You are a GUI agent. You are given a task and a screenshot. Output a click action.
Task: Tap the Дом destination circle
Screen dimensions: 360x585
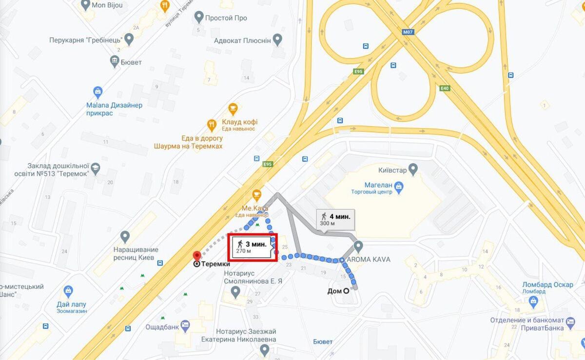coord(346,291)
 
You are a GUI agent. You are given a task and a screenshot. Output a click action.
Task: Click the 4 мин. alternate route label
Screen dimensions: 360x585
coord(334,219)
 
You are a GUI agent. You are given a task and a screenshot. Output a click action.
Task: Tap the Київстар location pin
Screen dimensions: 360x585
coord(413,170)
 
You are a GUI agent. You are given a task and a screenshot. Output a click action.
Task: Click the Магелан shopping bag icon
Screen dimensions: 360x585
coord(399,186)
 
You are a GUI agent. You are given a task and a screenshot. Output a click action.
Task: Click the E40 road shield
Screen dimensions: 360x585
coord(444,88)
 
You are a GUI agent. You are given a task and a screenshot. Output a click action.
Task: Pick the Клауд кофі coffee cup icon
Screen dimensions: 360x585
coord(233,108)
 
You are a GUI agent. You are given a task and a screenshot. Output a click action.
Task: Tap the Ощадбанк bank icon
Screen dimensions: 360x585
coord(185,325)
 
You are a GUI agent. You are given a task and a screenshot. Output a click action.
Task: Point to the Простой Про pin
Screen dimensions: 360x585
coord(198,18)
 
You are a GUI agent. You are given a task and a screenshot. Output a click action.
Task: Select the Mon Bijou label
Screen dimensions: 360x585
coord(108,6)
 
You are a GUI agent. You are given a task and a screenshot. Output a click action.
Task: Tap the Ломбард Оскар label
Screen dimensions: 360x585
coord(547,284)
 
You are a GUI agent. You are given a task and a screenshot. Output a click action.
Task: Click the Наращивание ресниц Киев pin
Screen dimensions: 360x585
coord(125,237)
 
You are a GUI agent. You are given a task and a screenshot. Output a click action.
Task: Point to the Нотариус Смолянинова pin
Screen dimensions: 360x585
coord(235,292)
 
